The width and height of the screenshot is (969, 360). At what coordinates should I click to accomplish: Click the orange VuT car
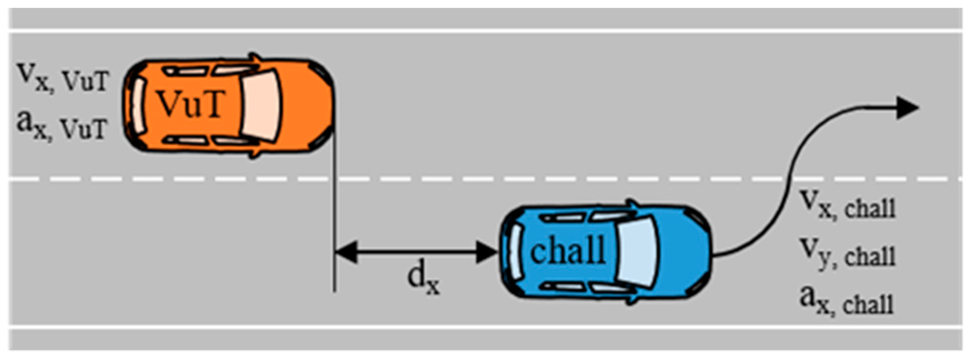[229, 105]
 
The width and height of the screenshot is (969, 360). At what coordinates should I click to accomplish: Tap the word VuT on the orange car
[191, 104]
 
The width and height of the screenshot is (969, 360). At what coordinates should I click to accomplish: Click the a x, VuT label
[62, 125]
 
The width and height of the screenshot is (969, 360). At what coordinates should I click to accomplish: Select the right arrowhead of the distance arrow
[486, 252]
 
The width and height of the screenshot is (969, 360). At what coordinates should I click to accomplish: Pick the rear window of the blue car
[515, 252]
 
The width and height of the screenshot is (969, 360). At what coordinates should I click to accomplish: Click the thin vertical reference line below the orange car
[335, 206]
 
